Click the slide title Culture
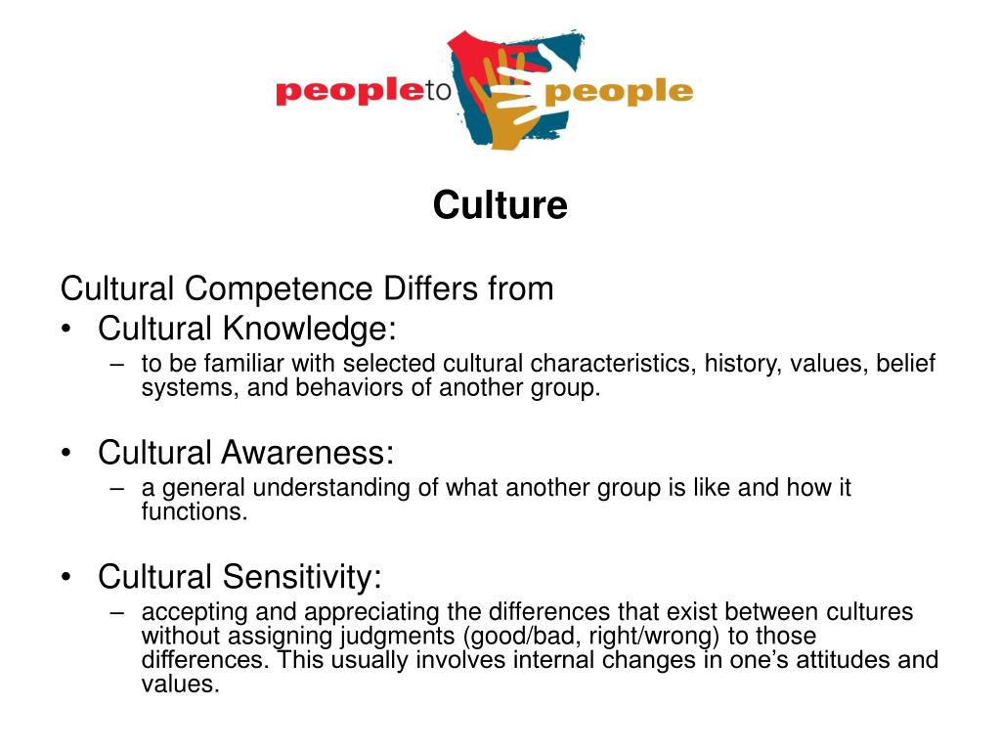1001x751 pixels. pyautogui.click(x=500, y=205)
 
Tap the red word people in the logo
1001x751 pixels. pyautogui.click(x=351, y=91)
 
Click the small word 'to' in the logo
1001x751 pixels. pyautogui.click(x=439, y=91)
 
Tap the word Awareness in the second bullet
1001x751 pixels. pyautogui.click(x=308, y=453)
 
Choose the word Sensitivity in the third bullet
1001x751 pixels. pyautogui.click(x=302, y=577)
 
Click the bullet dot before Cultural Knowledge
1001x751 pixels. pyautogui.click(x=66, y=329)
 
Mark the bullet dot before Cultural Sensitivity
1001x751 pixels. pyautogui.click(x=66, y=577)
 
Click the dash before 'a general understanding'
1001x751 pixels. pyautogui.click(x=117, y=489)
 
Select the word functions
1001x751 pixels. pyautogui.click(x=195, y=512)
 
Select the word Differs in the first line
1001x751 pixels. pyautogui.click(x=430, y=288)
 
